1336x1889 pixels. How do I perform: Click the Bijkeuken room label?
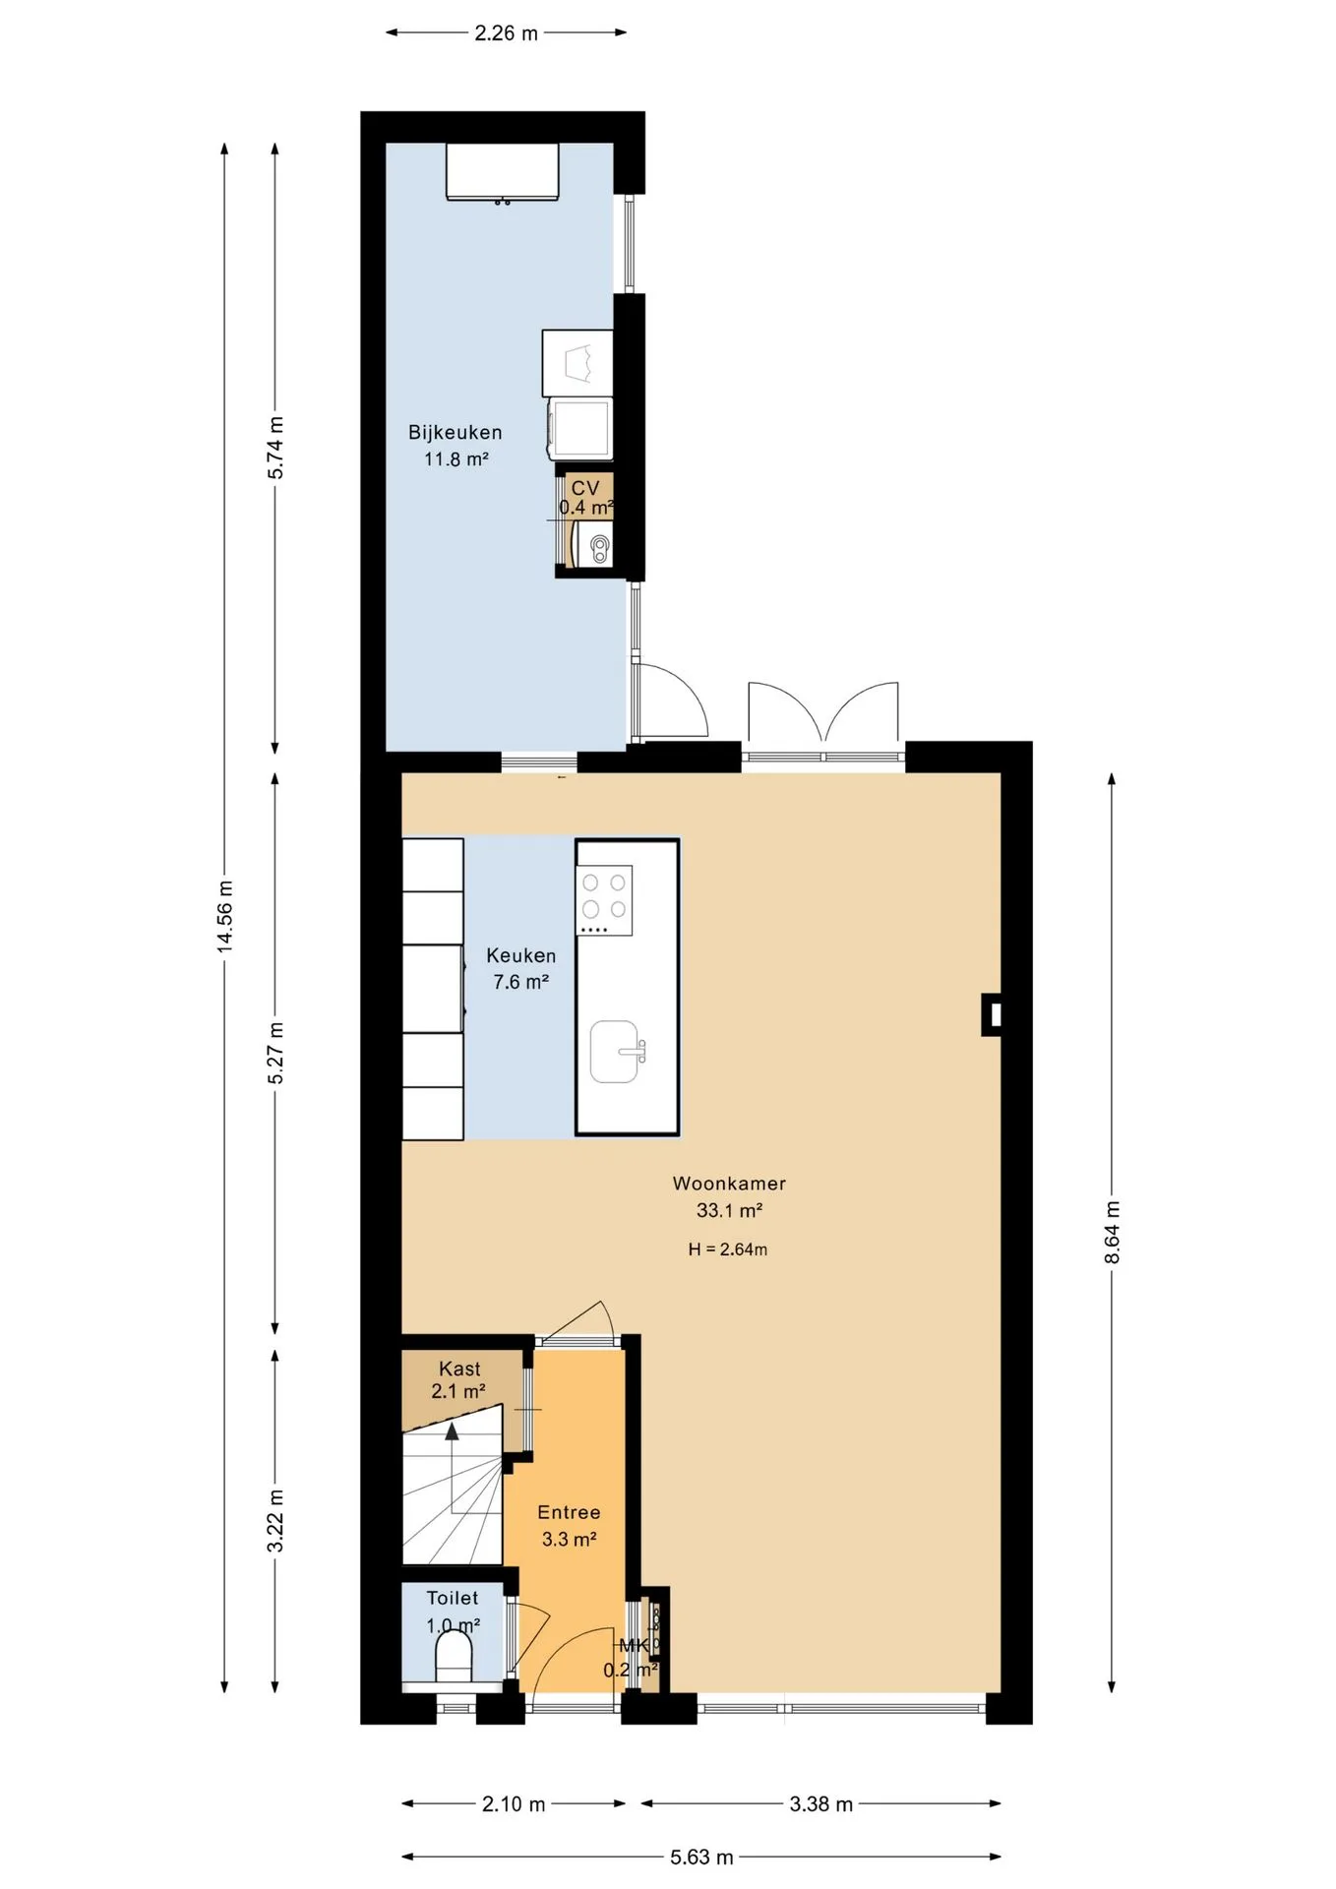point(455,432)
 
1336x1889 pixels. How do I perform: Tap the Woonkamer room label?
point(729,1184)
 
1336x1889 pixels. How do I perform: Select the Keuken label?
point(521,955)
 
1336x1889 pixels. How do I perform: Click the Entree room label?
point(569,1512)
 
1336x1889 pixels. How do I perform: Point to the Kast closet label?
point(459,1369)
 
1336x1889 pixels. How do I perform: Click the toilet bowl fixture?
point(454,1660)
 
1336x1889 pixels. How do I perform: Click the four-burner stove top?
point(604,900)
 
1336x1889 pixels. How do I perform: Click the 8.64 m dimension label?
point(1113,1233)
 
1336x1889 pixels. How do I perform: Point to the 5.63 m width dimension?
point(701,1858)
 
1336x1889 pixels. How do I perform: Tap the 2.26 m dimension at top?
point(507,33)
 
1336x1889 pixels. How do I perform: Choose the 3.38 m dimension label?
point(820,1804)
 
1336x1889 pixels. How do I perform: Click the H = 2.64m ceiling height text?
point(728,1249)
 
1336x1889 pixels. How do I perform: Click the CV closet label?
point(585,488)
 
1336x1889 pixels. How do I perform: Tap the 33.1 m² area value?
point(729,1210)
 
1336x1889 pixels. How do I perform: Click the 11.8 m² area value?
point(456,458)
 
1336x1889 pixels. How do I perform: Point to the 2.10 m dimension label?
point(514,1804)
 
